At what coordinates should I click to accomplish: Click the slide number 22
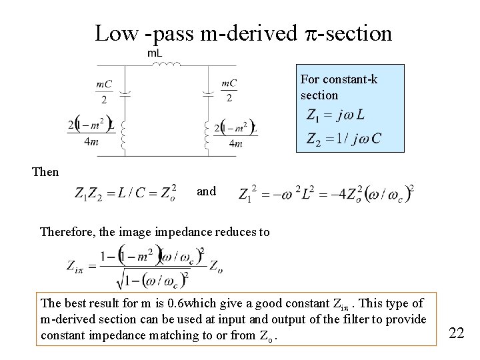click(x=456, y=332)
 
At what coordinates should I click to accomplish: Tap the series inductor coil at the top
click(x=167, y=65)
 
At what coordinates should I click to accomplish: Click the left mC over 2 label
click(x=104, y=91)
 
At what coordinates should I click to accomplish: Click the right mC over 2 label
click(x=229, y=91)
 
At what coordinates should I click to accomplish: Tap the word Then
click(x=45, y=172)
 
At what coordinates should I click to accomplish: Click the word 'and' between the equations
click(x=206, y=191)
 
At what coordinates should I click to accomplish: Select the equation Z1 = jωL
click(x=335, y=115)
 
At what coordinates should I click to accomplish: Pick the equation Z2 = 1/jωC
click(x=343, y=139)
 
